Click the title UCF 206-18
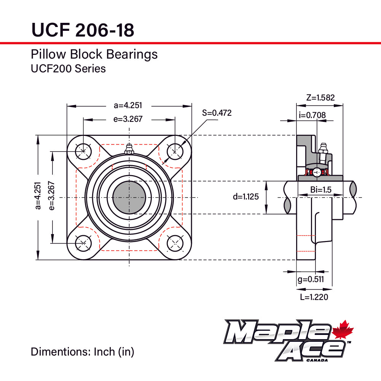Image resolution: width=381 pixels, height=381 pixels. tap(82, 29)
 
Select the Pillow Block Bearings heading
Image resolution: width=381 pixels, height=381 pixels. tap(94, 54)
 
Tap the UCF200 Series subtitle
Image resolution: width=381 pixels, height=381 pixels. tap(68, 69)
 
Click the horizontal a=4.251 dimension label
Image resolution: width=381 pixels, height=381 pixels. tap(129, 106)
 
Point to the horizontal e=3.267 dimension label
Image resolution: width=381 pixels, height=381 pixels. tap(128, 119)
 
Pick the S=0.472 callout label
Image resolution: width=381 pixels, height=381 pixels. tap(217, 113)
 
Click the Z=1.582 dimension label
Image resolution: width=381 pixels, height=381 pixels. tap(320, 97)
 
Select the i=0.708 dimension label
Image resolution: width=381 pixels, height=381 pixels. tap(312, 115)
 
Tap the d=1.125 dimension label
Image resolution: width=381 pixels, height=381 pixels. tap(246, 197)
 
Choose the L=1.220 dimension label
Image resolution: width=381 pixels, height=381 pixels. tap(314, 297)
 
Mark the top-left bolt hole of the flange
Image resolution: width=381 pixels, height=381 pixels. tap(83, 151)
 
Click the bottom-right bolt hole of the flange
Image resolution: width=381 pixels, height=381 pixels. tap(175, 243)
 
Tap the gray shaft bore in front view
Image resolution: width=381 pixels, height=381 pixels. tap(129, 197)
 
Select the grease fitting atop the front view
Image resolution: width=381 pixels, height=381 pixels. tap(129, 149)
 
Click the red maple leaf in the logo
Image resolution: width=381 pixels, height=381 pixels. tap(343, 330)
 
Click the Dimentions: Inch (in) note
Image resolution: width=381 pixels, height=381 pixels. tap(83, 352)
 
